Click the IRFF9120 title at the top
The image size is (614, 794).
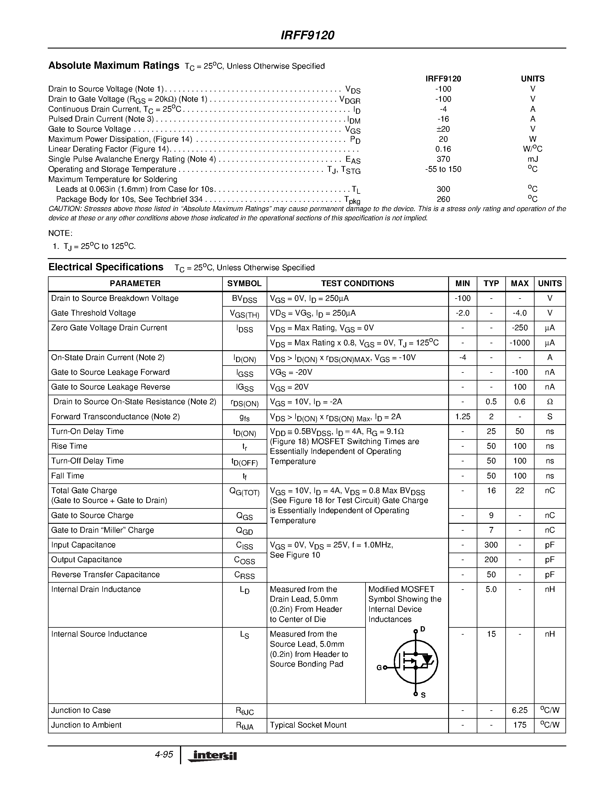click(x=307, y=35)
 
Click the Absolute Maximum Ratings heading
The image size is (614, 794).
click(x=114, y=66)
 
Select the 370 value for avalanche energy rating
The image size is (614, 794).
click(x=443, y=159)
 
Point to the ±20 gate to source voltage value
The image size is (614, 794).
click(x=443, y=129)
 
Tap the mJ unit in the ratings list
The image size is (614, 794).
click(x=533, y=159)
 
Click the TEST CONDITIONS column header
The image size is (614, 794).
click(x=357, y=284)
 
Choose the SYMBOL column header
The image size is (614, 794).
click(x=244, y=284)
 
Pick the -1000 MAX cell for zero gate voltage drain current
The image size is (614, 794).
click(x=520, y=343)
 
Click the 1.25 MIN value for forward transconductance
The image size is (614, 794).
click(x=463, y=417)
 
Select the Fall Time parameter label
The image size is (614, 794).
click(x=68, y=476)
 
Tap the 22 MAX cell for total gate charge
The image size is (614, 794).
click(x=520, y=491)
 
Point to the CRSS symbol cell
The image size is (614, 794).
click(x=244, y=575)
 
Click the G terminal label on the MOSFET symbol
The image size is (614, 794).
click(x=379, y=668)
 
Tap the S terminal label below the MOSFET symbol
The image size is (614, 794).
click(x=423, y=695)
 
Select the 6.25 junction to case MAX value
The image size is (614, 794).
click(x=520, y=710)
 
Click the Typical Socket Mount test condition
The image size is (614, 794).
click(x=308, y=725)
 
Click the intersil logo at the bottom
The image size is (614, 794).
click(x=212, y=756)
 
